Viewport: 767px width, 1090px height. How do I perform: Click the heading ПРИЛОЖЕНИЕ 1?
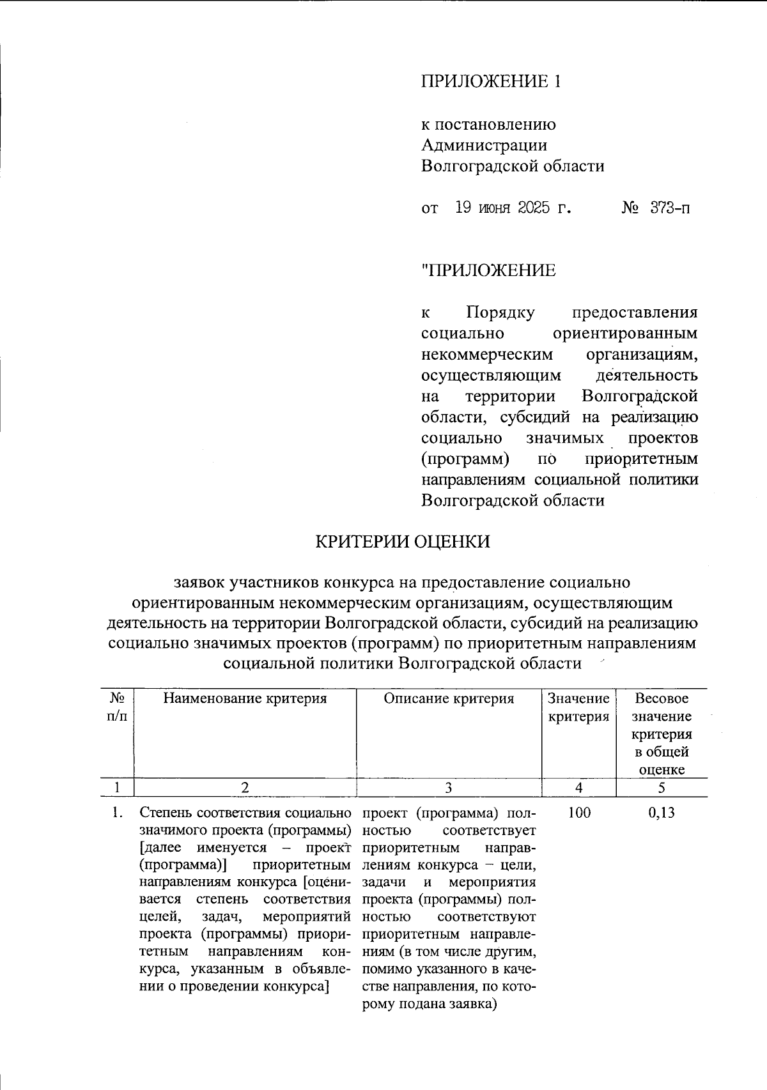491,81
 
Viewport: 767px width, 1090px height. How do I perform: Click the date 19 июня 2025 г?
513,208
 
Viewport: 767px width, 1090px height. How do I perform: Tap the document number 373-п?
670,208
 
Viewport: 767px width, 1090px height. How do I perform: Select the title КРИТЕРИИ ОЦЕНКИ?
403,542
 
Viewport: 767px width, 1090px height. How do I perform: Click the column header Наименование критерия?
245,698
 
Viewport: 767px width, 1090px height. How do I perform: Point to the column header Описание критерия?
449,698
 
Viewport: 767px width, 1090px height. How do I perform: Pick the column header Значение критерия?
579,707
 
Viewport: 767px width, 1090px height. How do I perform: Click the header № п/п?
117,707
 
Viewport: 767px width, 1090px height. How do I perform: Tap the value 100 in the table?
579,813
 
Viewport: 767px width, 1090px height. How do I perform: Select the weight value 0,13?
662,813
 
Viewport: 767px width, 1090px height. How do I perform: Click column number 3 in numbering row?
449,788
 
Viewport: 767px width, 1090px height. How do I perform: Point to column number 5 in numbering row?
662,788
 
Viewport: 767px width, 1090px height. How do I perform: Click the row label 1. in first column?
117,813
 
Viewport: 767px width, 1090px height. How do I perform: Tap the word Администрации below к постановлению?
484,145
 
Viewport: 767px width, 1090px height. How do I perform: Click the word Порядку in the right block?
500,313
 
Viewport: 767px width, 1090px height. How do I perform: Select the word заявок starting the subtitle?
199,583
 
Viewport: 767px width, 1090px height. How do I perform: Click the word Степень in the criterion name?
166,813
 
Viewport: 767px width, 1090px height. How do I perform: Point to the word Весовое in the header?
662,698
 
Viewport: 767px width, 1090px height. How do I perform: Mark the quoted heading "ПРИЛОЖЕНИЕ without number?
488,271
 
